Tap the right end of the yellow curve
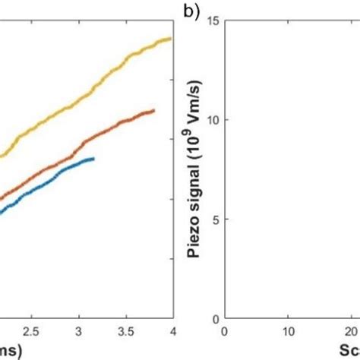(171, 39)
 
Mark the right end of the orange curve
(154, 111)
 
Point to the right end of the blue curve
(93, 159)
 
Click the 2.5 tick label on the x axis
(30, 332)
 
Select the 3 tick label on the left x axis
(78, 332)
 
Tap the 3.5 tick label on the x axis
(125, 332)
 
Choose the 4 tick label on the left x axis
(172, 332)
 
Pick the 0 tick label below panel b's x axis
(224, 332)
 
